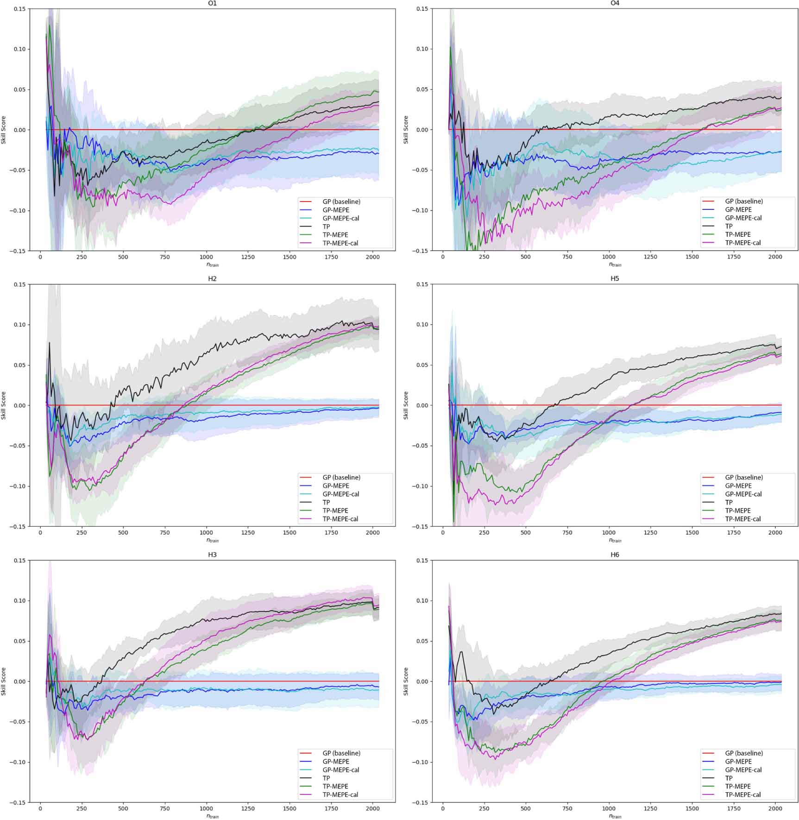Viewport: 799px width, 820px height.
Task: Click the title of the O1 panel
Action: click(x=212, y=3)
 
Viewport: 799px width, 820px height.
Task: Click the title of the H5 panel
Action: click(x=615, y=279)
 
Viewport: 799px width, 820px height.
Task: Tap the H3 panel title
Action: click(x=212, y=555)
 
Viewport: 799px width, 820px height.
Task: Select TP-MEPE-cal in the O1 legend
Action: click(x=340, y=243)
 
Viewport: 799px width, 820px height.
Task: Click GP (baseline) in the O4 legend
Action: click(x=744, y=201)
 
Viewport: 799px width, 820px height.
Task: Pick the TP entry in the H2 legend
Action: click(x=326, y=502)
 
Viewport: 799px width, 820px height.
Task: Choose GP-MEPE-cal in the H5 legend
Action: click(x=743, y=494)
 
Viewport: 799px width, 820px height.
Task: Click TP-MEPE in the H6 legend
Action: click(x=737, y=786)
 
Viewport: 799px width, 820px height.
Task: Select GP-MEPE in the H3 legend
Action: click(x=335, y=762)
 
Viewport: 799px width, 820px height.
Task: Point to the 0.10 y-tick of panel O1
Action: click(x=19, y=49)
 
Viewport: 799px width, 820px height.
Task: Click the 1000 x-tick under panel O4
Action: click(x=609, y=257)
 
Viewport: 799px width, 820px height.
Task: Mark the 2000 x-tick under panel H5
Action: click(x=775, y=532)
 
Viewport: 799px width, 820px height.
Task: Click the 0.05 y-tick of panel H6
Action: click(x=422, y=641)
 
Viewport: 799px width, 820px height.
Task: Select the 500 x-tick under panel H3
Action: click(x=123, y=808)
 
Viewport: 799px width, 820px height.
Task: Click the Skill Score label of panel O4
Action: click(x=406, y=130)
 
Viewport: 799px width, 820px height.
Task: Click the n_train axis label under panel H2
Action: click(x=212, y=540)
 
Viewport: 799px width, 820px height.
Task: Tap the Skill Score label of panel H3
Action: click(x=4, y=681)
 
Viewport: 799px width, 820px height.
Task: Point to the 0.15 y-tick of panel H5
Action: click(x=422, y=284)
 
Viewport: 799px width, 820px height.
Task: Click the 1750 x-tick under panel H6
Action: click(x=733, y=808)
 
